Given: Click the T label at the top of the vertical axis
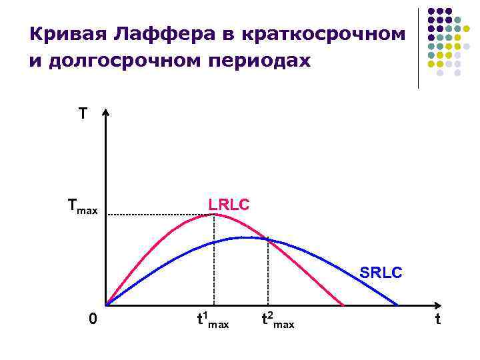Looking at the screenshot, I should [x=82, y=114].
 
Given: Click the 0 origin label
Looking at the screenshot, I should [x=93, y=321].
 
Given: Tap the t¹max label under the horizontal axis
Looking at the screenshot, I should [x=213, y=321].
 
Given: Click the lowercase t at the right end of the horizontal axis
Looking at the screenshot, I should [x=437, y=320].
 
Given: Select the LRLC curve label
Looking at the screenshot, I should [x=229, y=205].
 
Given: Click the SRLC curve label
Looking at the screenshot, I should [x=381, y=273].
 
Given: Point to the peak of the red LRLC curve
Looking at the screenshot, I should [x=212, y=214].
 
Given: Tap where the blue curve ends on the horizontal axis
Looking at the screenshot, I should [x=398, y=305].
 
